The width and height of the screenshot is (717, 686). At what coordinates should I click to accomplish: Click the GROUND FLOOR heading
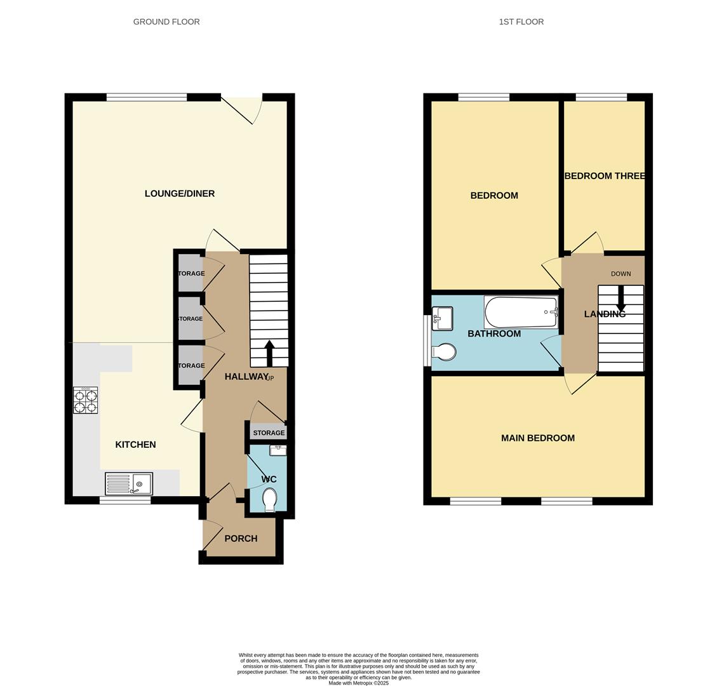tap(166, 22)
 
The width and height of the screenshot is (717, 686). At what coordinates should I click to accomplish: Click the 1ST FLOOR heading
tap(521, 22)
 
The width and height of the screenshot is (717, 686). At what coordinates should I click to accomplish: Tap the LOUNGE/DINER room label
tap(180, 194)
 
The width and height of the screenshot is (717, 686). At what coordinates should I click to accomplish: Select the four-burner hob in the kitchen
tap(85, 400)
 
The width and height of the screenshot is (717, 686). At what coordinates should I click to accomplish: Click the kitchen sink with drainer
tap(129, 484)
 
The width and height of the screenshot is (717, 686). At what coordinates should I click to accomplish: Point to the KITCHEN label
tap(135, 445)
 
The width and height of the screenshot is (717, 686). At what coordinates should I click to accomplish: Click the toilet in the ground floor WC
tap(270, 500)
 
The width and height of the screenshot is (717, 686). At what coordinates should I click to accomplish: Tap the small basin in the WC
tap(278, 450)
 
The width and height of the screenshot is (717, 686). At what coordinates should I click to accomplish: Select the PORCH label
tap(241, 539)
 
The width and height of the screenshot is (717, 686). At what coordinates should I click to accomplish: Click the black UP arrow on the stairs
tap(269, 353)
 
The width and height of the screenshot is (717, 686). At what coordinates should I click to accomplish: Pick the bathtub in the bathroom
tap(521, 312)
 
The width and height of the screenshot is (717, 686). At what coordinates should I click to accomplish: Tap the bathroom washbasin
tap(443, 318)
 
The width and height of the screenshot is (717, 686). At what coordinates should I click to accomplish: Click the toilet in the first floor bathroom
tap(443, 351)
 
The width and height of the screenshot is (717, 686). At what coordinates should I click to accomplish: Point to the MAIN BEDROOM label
tap(537, 438)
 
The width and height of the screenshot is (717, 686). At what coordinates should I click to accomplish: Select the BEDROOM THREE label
tap(605, 176)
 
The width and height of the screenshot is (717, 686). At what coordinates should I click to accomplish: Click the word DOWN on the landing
tap(620, 274)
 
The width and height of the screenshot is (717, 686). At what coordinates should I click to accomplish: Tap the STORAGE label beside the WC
tap(269, 433)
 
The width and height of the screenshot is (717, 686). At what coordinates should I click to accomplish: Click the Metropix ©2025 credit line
tap(358, 683)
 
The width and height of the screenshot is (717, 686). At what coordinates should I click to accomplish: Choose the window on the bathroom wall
tap(426, 340)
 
